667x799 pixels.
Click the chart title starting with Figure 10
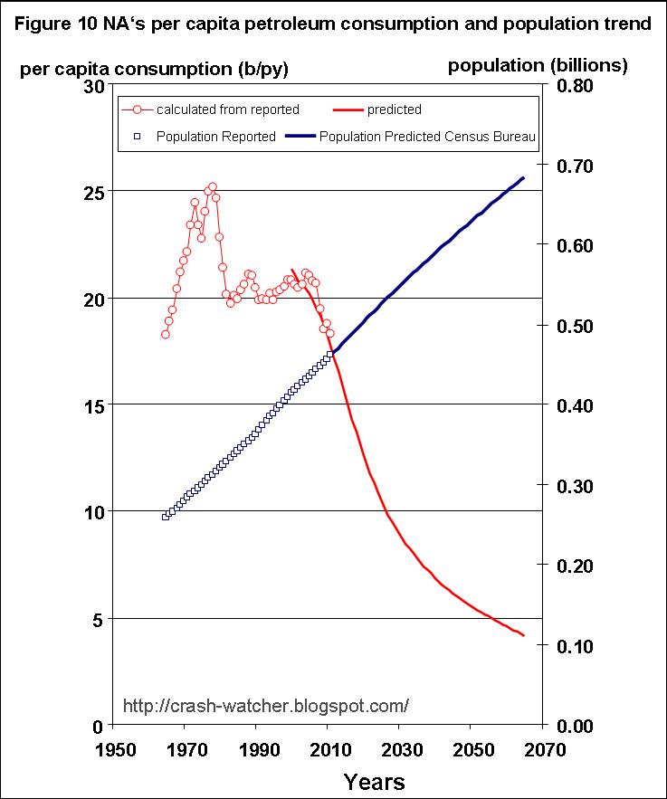[333, 24]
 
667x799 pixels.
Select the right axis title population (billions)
[538, 65]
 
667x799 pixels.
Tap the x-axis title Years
[374, 781]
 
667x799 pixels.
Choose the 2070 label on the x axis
[543, 750]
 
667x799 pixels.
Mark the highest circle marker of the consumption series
[213, 187]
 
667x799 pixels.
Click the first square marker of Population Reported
[166, 517]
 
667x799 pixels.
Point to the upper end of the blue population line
[523, 177]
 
